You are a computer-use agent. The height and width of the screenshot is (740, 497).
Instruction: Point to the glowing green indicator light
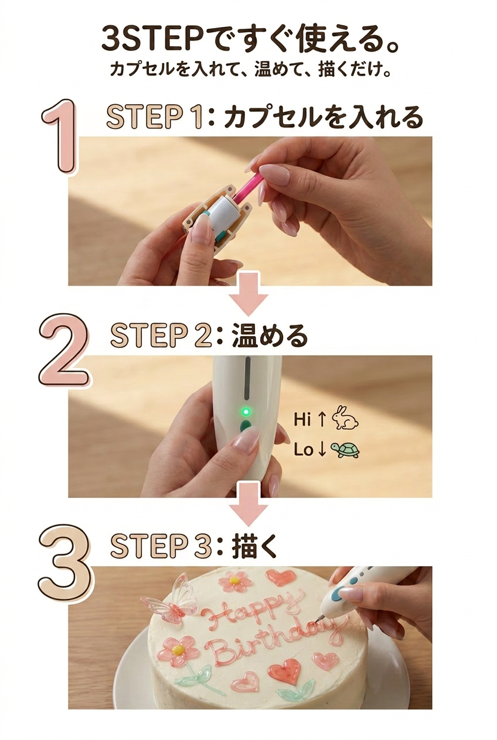(246, 412)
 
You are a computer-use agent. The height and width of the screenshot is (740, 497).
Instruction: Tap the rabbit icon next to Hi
(345, 418)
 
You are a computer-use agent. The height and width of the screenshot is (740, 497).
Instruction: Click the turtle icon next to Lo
(345, 450)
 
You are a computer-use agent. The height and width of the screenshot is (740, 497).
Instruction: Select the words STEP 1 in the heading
(154, 117)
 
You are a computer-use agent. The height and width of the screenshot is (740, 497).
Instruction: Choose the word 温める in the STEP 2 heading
(270, 335)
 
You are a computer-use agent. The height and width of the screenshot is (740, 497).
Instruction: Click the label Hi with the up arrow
(310, 419)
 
